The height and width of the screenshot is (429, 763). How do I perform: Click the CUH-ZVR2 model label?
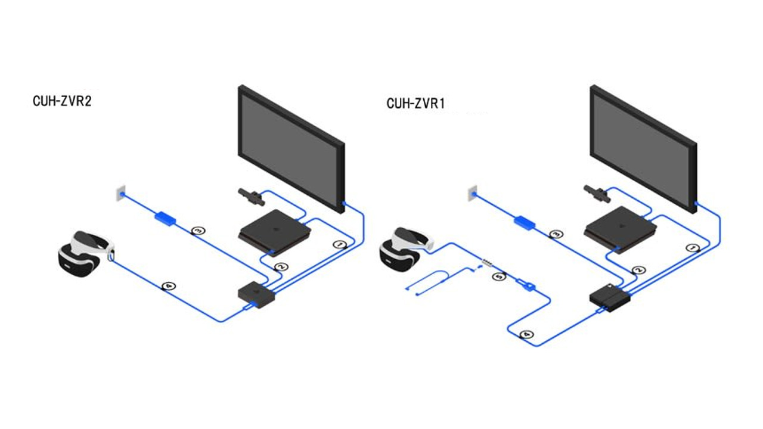[62, 101]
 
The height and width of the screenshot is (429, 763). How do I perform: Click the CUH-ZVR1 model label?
[416, 103]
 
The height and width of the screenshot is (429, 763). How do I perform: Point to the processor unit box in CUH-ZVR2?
[256, 293]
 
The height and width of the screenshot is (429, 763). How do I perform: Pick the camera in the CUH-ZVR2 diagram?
[250, 195]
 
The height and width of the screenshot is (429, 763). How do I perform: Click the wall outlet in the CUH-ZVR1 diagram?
[472, 191]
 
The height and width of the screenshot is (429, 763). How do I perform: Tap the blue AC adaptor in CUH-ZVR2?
[165, 218]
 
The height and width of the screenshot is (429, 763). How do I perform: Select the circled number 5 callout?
[501, 275]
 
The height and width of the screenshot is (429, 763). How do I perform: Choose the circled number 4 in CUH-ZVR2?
[169, 287]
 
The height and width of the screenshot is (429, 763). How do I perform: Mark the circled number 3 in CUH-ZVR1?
[556, 234]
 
